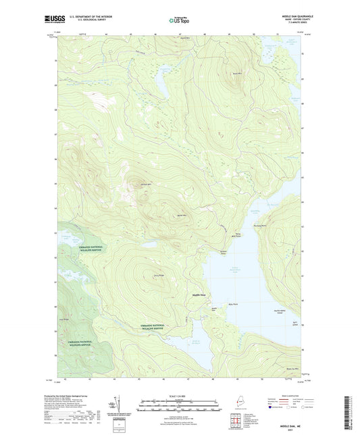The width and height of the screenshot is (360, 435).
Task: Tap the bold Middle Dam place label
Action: pyautogui.click(x=201, y=295)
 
